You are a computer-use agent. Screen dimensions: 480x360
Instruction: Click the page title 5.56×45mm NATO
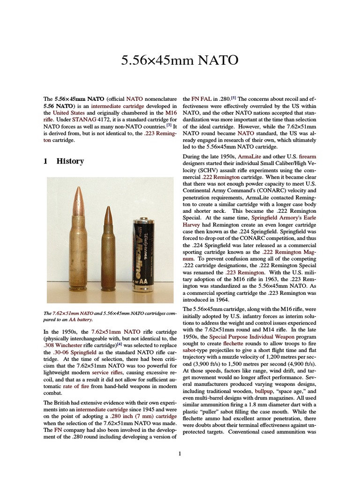(x=180, y=60)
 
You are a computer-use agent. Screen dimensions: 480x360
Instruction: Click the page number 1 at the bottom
(x=180, y=453)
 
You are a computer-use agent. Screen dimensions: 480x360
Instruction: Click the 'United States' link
(x=69, y=113)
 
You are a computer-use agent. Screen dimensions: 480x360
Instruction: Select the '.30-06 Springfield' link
(x=81, y=352)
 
